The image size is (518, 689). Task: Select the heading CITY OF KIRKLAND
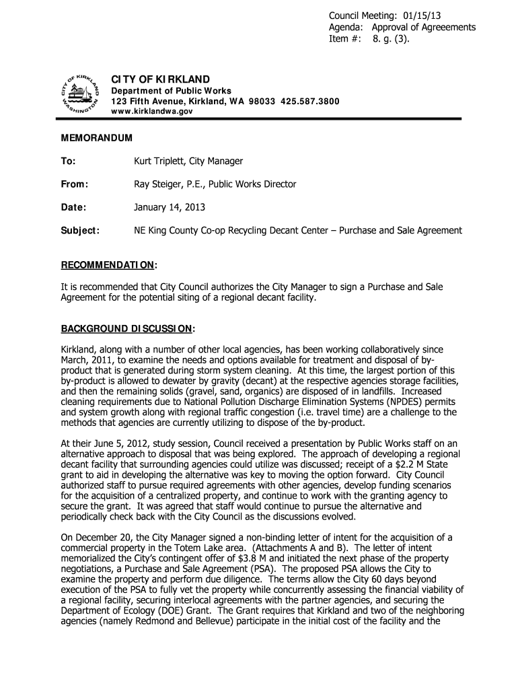[x=160, y=79]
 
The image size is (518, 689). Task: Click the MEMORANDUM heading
[x=97, y=137]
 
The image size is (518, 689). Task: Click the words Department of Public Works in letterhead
[x=171, y=91]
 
